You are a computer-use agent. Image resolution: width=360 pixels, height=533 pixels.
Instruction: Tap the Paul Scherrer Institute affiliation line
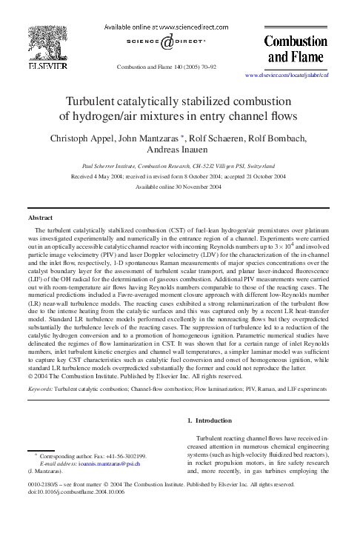tap(180, 167)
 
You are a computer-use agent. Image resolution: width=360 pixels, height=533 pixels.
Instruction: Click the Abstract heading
tap(39, 220)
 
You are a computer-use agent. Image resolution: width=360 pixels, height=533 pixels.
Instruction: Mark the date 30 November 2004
tap(199, 188)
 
